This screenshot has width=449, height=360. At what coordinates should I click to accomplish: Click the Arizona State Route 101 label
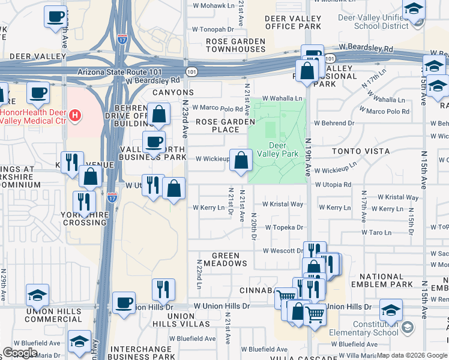(x=128, y=71)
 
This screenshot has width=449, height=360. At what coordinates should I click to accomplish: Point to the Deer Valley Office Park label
(x=293, y=22)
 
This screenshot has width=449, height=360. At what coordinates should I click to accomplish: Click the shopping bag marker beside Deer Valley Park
(x=241, y=160)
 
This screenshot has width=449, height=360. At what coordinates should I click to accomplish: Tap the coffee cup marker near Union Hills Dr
(x=124, y=302)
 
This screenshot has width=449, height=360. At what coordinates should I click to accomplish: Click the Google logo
(x=20, y=352)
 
